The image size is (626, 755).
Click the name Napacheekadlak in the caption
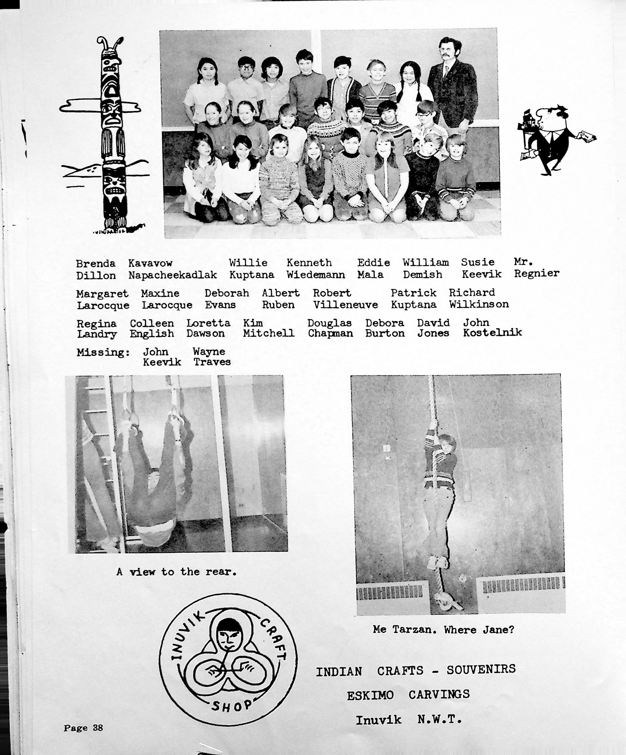pyautogui.click(x=173, y=275)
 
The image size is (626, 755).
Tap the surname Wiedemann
pyautogui.click(x=316, y=275)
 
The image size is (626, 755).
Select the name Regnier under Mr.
pyautogui.click(x=536, y=274)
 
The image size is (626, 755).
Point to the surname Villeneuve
pyautogui.click(x=345, y=305)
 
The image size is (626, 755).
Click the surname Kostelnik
pyautogui.click(x=492, y=333)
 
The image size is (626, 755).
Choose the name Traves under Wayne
pyautogui.click(x=212, y=362)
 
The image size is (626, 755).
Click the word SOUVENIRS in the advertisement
pyautogui.click(x=481, y=669)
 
